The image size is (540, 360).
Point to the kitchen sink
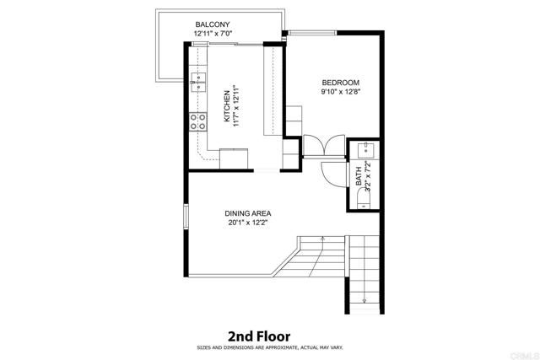point(200,82)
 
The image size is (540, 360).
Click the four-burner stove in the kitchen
point(199,121)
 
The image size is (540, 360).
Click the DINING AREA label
point(246,213)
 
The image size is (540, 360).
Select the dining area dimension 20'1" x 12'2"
point(246,223)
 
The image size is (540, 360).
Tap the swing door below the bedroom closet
point(331,171)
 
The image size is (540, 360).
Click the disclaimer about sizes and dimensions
point(270,347)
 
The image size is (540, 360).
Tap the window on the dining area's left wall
point(186,218)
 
